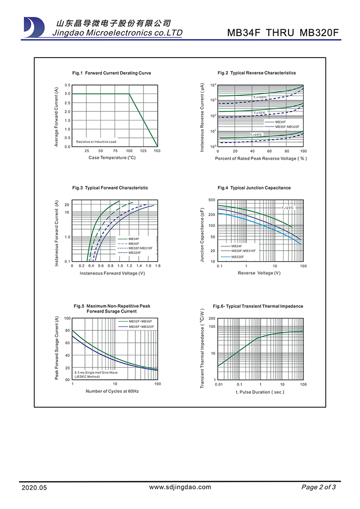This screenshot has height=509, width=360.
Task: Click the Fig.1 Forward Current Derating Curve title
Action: pyautogui.click(x=111, y=73)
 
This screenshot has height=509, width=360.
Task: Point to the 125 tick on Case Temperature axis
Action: pyautogui.click(x=143, y=151)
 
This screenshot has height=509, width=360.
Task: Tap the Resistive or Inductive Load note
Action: pyautogui.click(x=96, y=142)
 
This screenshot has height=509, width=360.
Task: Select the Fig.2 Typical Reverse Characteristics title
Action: pyautogui.click(x=256, y=73)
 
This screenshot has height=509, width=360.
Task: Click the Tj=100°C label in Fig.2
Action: pyautogui.click(x=260, y=97)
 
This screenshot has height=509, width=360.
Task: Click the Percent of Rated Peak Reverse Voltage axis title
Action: pyautogui.click(x=261, y=158)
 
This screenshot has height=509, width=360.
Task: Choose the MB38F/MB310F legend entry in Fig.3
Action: pyautogui.click(x=140, y=248)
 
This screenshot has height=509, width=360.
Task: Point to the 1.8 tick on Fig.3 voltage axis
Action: pyautogui.click(x=157, y=266)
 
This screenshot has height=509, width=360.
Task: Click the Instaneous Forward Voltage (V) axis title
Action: pyautogui.click(x=112, y=273)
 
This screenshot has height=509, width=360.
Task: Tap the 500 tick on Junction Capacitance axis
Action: pyautogui.click(x=212, y=200)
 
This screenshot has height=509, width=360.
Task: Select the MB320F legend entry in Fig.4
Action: pyautogui.click(x=238, y=257)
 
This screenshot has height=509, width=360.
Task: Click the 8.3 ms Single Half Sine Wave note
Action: pyautogui.click(x=96, y=372)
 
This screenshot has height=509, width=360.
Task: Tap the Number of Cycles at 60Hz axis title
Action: pyautogui.click(x=112, y=391)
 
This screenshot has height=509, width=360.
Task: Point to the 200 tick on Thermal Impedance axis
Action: pyautogui.click(x=212, y=319)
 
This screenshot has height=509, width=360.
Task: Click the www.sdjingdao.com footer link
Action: pyautogui.click(x=180, y=487)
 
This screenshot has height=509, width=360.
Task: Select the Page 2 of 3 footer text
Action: pyautogui.click(x=318, y=487)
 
